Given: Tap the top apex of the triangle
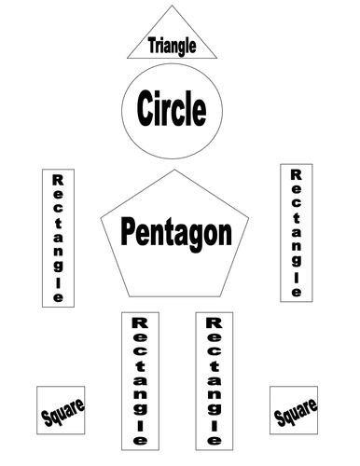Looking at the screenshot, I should [x=172, y=7].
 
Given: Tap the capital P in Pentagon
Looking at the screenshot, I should [x=130, y=229].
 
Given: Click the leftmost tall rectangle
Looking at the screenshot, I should [x=58, y=238].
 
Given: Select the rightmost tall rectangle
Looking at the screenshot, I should [x=297, y=232].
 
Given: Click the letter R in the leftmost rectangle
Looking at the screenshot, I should [x=58, y=179].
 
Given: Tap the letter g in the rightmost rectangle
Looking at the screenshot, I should [x=297, y=250].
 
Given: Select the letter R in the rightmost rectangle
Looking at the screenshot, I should [x=297, y=174].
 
